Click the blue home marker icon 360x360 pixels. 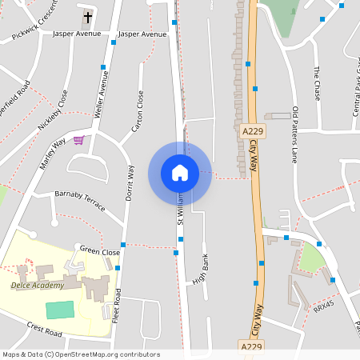point(180,173)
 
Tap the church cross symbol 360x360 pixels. point(87,18)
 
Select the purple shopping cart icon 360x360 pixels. point(78,140)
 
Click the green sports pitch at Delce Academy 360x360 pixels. point(60,310)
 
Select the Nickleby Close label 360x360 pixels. point(54,111)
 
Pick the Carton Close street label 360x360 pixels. point(138,111)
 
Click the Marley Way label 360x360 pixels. point(53,154)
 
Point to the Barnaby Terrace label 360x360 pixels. point(79,200)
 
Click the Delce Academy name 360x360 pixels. point(37,286)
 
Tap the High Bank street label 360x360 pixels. point(200,270)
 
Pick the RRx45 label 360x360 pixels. point(323,306)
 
